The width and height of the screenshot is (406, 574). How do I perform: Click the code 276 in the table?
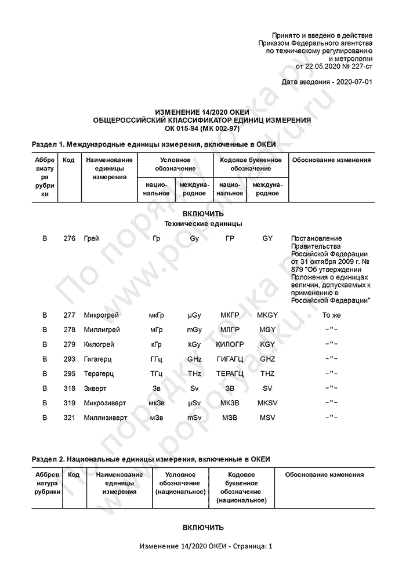(x=70, y=238)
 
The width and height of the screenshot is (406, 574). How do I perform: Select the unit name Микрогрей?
(x=101, y=315)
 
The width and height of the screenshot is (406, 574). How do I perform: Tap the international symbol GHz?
(x=194, y=359)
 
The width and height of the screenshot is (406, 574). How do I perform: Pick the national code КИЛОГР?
(x=230, y=344)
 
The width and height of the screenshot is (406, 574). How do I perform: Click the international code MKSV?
(x=267, y=403)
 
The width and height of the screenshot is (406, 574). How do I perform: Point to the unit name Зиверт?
(x=95, y=388)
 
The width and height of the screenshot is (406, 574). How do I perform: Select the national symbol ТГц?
(x=156, y=374)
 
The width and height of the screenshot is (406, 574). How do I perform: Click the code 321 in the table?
(x=70, y=417)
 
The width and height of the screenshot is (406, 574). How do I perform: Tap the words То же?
(x=331, y=315)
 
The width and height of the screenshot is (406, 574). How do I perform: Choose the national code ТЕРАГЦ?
(x=230, y=374)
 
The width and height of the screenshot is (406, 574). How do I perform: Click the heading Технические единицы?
(x=203, y=224)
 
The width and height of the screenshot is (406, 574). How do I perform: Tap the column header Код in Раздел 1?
(x=68, y=160)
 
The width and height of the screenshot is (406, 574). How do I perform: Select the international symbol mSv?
(x=194, y=417)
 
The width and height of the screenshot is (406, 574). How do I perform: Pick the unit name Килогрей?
(x=99, y=344)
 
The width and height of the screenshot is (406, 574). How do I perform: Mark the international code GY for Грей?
(x=267, y=238)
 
